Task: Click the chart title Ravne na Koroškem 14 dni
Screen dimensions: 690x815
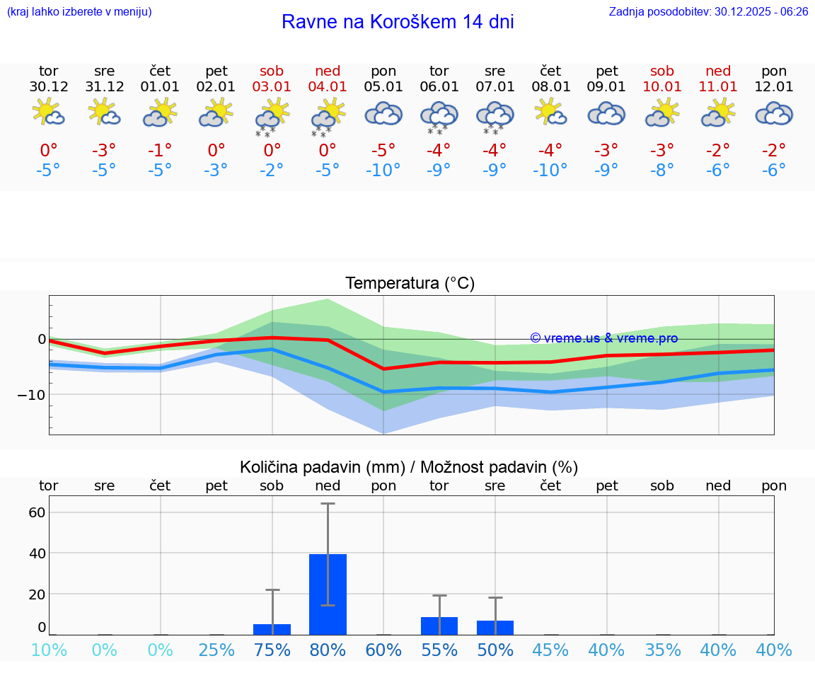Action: coord(398,22)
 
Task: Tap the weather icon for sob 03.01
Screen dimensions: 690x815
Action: coord(272,115)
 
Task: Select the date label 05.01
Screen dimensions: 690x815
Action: coord(383,87)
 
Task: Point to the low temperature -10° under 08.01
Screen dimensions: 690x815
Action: coord(550,171)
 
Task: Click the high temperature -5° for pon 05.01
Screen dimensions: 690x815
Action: coord(383,150)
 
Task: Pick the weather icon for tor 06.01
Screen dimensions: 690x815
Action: coord(439,116)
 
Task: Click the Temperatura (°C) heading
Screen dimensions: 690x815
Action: coord(410,284)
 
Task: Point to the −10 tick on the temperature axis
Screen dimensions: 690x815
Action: coord(31,394)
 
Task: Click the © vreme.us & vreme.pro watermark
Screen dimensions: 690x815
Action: coord(603,338)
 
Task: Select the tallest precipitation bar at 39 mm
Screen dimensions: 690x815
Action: coord(328,594)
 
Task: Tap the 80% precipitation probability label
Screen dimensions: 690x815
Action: coord(328,650)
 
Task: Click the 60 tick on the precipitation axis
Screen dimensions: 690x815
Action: coord(37,512)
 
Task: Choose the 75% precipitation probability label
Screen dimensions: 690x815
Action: coord(272,650)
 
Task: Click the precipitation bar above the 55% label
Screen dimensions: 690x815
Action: coord(439,626)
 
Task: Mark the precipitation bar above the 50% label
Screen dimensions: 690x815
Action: coord(495,628)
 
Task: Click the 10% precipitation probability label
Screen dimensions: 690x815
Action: coord(48,650)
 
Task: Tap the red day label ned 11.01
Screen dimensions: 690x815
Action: coord(718,79)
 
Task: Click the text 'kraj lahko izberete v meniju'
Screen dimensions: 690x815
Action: coord(79,12)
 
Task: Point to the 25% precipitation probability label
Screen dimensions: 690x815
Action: coord(216,650)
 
